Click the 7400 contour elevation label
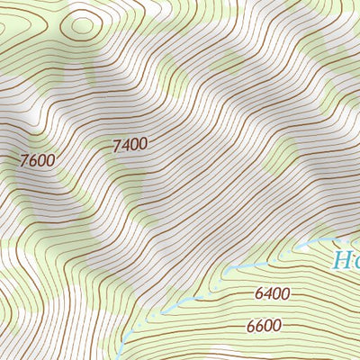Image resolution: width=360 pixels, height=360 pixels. point(130,144)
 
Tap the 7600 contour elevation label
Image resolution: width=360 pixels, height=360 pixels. point(38,160)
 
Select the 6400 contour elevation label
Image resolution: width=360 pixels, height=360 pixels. point(272,292)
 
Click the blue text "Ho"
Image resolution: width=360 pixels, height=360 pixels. point(346,261)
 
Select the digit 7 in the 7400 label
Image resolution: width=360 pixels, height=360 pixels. point(117,145)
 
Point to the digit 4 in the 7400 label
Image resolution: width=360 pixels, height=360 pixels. point(126,144)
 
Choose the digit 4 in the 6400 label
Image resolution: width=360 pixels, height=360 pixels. point(267,292)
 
